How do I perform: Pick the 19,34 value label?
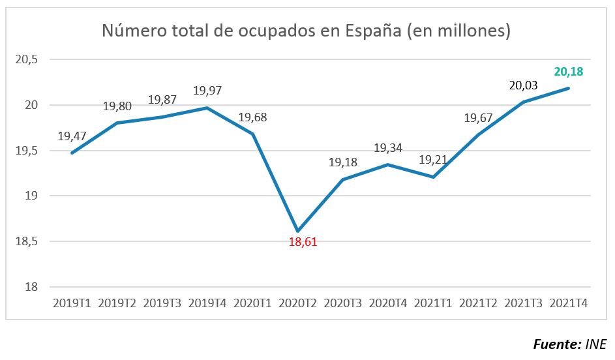coord(388,148)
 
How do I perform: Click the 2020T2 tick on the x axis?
coord(298,303)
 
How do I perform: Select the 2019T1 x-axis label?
coord(72,303)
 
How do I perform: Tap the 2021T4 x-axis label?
coord(569,303)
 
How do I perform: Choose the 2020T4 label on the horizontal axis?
coord(389,303)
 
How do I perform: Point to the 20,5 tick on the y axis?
coord(27,59)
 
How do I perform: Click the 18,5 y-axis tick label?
coord(27,241)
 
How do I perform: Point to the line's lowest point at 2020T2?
coord(298,231)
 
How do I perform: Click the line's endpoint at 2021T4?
coord(569,88)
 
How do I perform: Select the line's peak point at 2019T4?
coord(207,108)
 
